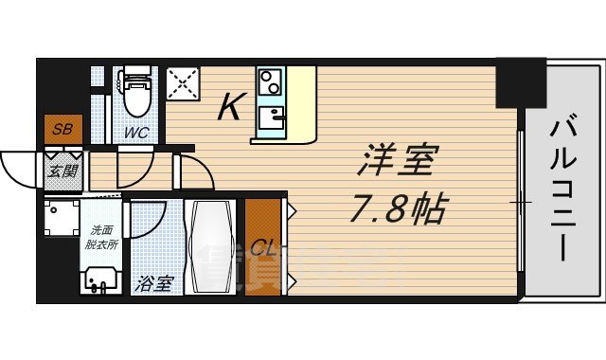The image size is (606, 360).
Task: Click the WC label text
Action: [136, 133]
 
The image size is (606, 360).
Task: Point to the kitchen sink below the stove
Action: [273, 118]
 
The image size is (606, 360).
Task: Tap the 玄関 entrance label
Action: [63, 171]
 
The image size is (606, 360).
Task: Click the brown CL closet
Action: [264, 248]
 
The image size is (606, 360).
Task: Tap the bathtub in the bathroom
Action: [215, 247]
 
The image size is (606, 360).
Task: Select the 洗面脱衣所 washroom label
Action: [102, 236]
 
